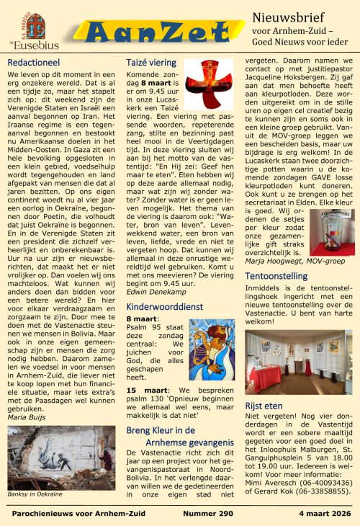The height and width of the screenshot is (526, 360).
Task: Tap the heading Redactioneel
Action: coord(34,63)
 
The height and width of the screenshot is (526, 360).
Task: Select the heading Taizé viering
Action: coord(153,63)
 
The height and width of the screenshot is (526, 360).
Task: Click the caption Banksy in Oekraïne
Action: coord(36,494)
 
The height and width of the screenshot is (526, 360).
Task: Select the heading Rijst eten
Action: coord(266,405)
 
